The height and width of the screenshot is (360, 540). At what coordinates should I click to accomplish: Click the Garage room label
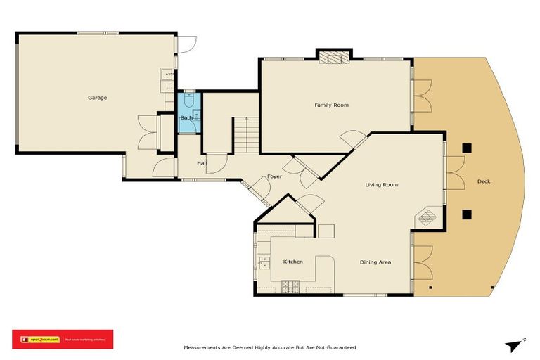pos(97,98)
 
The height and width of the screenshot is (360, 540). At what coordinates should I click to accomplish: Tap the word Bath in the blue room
pos(186,118)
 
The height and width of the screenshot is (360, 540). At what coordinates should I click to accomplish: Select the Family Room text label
pos(331,105)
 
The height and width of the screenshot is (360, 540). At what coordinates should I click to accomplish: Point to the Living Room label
pos(381,185)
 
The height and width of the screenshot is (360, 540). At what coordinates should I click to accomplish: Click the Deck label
pos(484,181)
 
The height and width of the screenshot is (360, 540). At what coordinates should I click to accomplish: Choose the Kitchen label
pos(292,262)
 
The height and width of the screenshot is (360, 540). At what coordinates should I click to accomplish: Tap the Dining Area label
pos(375,262)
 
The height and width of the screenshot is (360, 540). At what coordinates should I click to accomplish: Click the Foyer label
pos(274,176)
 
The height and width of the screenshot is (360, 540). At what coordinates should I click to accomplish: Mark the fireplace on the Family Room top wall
pos(333,57)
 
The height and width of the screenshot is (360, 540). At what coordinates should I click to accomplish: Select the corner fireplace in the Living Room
pos(428,217)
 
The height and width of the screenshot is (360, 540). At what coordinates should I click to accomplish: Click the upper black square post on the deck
pos(466,148)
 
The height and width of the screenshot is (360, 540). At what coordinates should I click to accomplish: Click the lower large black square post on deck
pos(466,214)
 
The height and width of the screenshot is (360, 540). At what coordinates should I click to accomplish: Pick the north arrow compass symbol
pos(515,344)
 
